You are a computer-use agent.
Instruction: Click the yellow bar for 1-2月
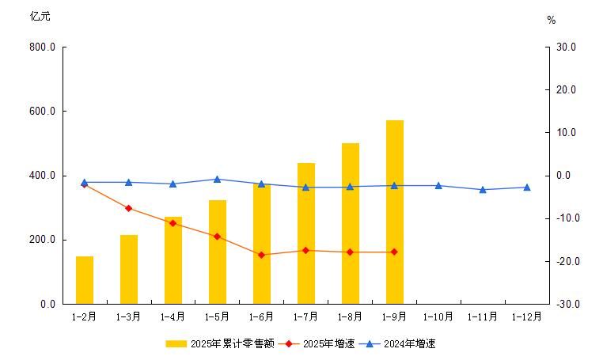pos(85,280)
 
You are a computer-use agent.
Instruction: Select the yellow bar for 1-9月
pos(395,212)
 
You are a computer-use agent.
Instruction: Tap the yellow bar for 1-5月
pos(218,252)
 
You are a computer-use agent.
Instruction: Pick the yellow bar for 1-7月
pos(306,233)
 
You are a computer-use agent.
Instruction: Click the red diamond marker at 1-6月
pos(262,255)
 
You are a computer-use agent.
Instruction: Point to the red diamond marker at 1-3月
pos(129,208)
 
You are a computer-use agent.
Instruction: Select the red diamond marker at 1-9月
pos(395,252)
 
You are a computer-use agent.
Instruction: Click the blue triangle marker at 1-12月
pos(527,188)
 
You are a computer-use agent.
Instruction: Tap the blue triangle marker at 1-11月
pos(483,190)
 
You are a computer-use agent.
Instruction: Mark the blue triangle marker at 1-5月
pos(218,180)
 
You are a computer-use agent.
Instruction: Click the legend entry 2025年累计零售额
pos(220,343)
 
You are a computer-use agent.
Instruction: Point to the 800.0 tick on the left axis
pos(42,47)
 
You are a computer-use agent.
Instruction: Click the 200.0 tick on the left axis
pos(42,240)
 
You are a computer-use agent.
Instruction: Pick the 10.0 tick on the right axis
pos(567,133)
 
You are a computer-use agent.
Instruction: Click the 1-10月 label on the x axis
pos(438,316)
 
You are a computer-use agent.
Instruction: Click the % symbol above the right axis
pos(552,21)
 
